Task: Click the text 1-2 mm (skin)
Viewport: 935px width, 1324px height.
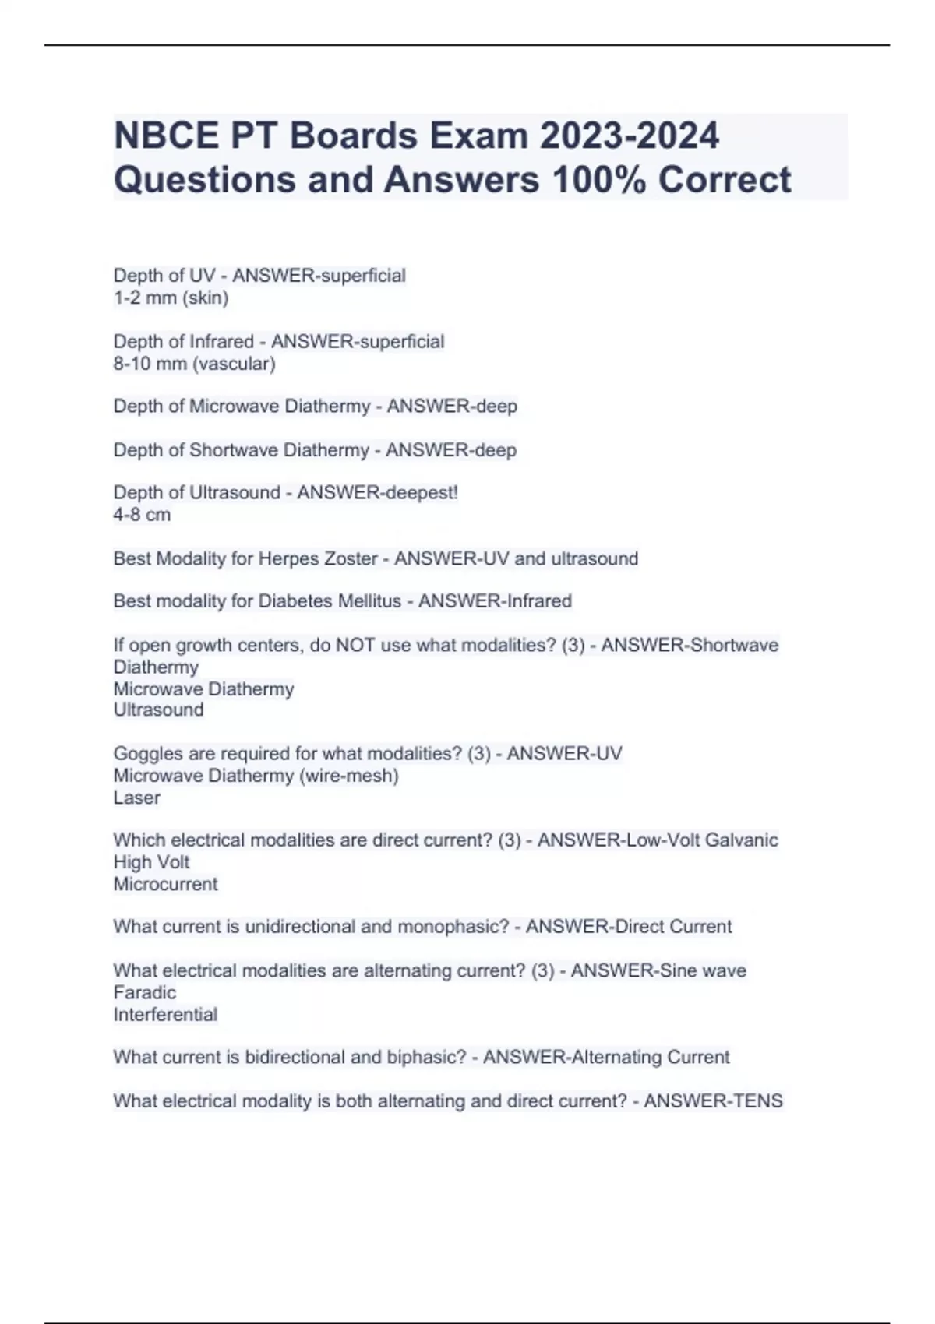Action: (171, 298)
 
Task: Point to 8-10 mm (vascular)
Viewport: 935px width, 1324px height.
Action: (194, 364)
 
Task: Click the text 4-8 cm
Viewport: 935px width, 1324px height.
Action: (142, 515)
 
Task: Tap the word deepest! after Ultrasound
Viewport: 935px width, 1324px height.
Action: (418, 493)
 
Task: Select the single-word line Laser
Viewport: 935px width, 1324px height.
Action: (136, 798)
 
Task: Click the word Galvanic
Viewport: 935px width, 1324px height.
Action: (741, 840)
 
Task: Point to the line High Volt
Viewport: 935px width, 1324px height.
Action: (151, 862)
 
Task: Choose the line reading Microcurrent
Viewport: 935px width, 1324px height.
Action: (165, 884)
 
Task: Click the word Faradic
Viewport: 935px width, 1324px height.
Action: (144, 992)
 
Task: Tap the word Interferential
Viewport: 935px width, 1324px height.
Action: (165, 1014)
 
